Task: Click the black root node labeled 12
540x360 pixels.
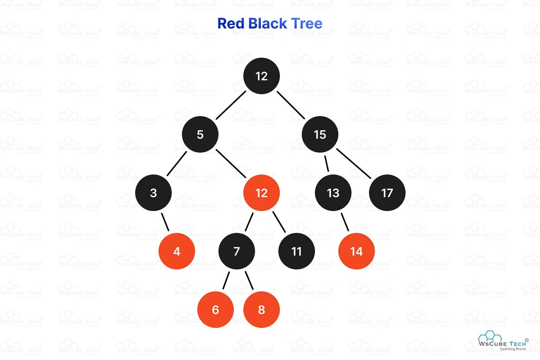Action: pyautogui.click(x=261, y=76)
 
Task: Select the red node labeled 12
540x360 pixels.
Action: pyautogui.click(x=261, y=193)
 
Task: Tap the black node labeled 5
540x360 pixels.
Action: pyautogui.click(x=200, y=134)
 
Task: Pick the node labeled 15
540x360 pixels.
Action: pyautogui.click(x=320, y=134)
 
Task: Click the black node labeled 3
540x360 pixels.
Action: pyautogui.click(x=153, y=193)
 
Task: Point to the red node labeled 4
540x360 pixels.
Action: pyautogui.click(x=177, y=251)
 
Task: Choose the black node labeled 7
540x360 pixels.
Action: pyautogui.click(x=237, y=251)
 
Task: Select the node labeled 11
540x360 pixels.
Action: pyautogui.click(x=296, y=251)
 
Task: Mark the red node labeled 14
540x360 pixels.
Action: pyautogui.click(x=356, y=251)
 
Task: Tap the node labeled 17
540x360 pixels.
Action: pyautogui.click(x=387, y=193)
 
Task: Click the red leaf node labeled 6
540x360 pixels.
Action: pyautogui.click(x=215, y=310)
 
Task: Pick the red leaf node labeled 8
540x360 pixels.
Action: pyautogui.click(x=261, y=310)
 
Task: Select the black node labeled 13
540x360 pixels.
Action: pyautogui.click(x=333, y=193)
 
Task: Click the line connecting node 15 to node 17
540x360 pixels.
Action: pyautogui.click(x=354, y=164)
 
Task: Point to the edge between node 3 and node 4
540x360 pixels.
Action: pyautogui.click(x=165, y=222)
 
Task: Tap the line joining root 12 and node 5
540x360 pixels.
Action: pyautogui.click(x=231, y=105)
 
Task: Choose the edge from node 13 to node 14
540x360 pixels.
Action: pyautogui.click(x=345, y=222)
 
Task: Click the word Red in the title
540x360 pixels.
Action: pyautogui.click(x=231, y=23)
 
